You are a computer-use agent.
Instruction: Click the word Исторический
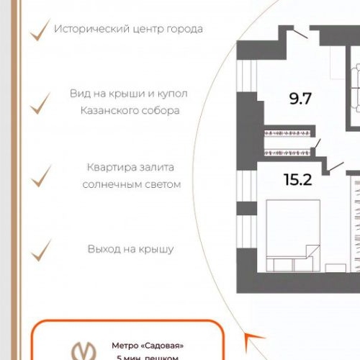point(91,30)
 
